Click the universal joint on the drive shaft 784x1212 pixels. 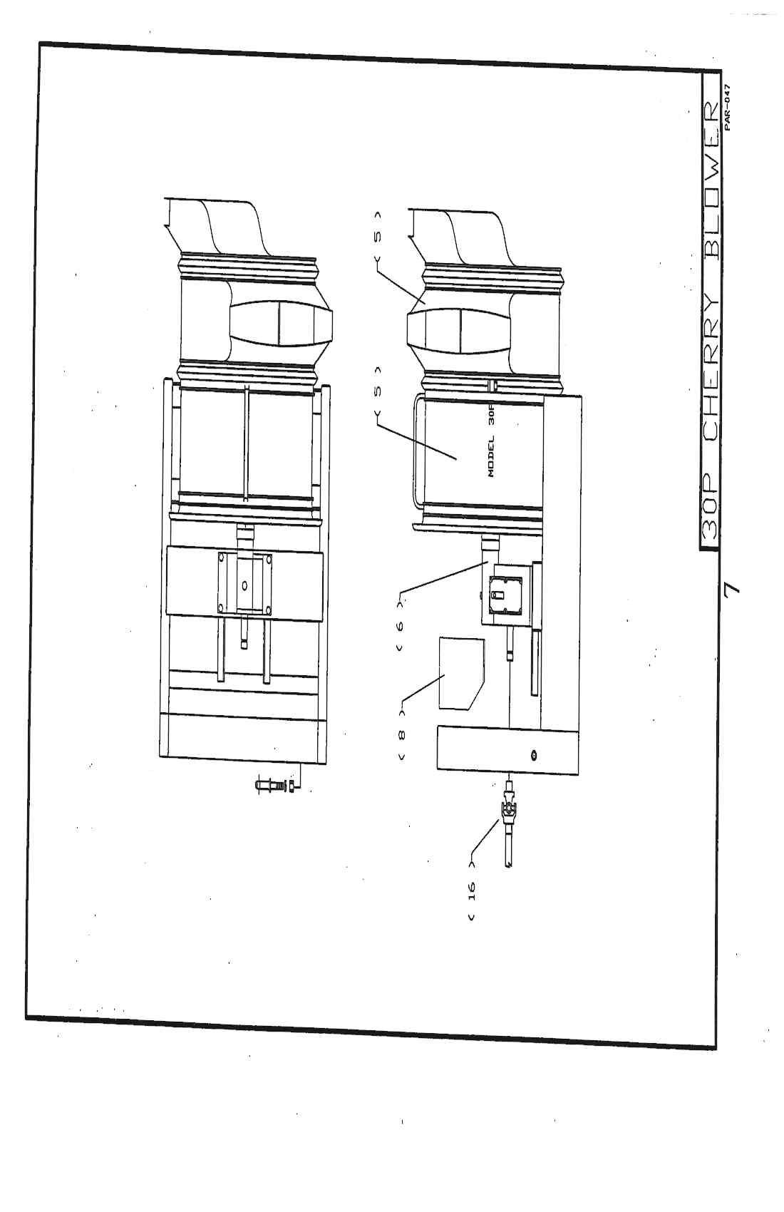coord(509,808)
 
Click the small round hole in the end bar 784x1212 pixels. coord(534,755)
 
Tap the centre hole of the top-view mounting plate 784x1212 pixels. coord(244,585)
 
